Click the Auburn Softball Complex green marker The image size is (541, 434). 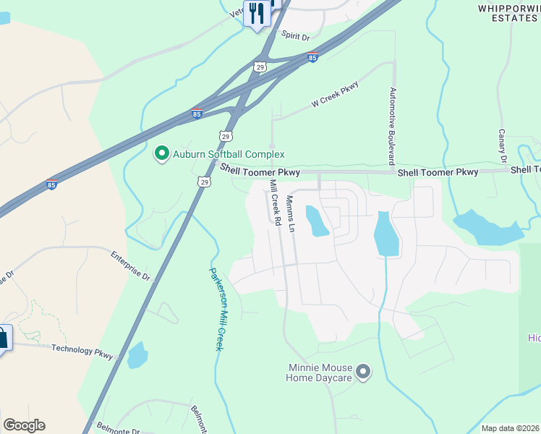[161, 153]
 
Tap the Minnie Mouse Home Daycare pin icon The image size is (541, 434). [364, 373]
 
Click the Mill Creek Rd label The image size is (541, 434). [275, 203]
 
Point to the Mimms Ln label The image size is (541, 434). [291, 213]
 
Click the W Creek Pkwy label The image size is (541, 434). [335, 95]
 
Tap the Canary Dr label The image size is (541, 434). [501, 146]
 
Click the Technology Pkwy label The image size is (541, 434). [83, 350]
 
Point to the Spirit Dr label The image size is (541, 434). [295, 36]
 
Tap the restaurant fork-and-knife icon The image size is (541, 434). [256, 13]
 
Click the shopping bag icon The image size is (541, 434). [2, 339]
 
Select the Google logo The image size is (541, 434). [24, 425]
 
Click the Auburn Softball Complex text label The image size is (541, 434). [229, 154]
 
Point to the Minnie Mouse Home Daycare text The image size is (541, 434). [319, 373]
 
